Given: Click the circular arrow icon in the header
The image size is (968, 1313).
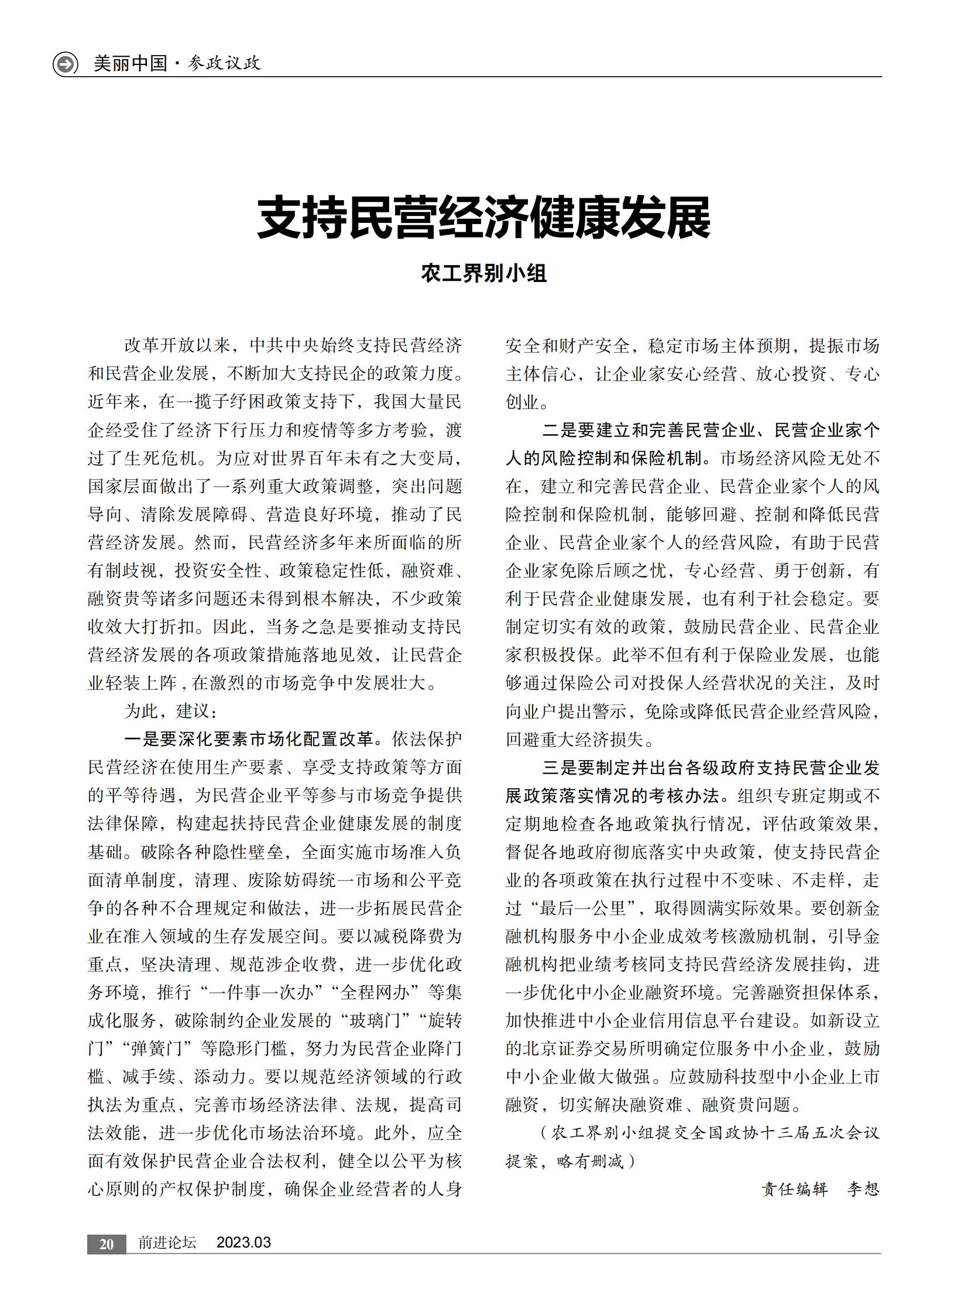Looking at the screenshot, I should pos(65,63).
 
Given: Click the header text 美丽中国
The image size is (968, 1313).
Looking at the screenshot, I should pos(131,63).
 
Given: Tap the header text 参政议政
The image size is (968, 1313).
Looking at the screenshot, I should pos(224,63).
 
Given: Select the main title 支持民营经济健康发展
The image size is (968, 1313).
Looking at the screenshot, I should pos(483,218).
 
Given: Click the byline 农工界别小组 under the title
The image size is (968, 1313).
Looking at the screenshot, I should pos(483,273).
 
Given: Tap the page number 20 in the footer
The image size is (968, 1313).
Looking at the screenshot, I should pos(107,1244).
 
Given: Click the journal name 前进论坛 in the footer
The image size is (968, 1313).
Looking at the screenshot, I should pos(167,1243).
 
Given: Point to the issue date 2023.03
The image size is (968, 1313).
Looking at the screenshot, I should pos(244,1243).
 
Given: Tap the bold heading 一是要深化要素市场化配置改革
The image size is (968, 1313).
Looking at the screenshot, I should pos(249,740).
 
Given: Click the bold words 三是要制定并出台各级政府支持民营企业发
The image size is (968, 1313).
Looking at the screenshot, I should pos(710,768).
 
